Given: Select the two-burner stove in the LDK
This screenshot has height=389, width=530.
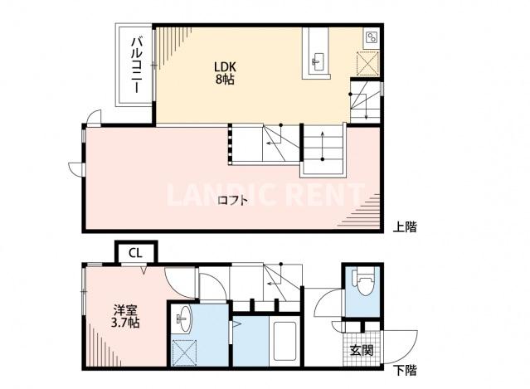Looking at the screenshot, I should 369,38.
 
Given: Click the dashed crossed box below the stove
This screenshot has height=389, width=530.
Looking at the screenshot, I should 367,64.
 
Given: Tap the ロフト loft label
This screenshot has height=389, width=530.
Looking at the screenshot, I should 233,199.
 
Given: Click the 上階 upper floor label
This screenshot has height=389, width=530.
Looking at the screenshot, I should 405,226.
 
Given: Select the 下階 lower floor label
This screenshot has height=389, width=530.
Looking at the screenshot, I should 405,371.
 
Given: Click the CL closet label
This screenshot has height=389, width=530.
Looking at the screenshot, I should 134,252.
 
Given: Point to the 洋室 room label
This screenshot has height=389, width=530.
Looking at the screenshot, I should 125,309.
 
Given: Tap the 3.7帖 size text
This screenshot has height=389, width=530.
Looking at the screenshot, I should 125,323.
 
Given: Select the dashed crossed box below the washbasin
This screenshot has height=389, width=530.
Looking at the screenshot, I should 182,350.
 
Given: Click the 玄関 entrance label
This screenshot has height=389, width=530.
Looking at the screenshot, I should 361,350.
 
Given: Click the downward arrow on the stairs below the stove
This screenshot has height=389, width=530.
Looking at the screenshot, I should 366,111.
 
